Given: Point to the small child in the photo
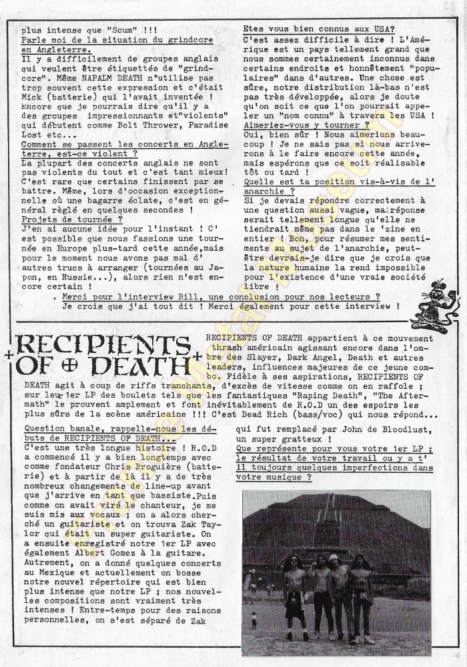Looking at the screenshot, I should [254, 620].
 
